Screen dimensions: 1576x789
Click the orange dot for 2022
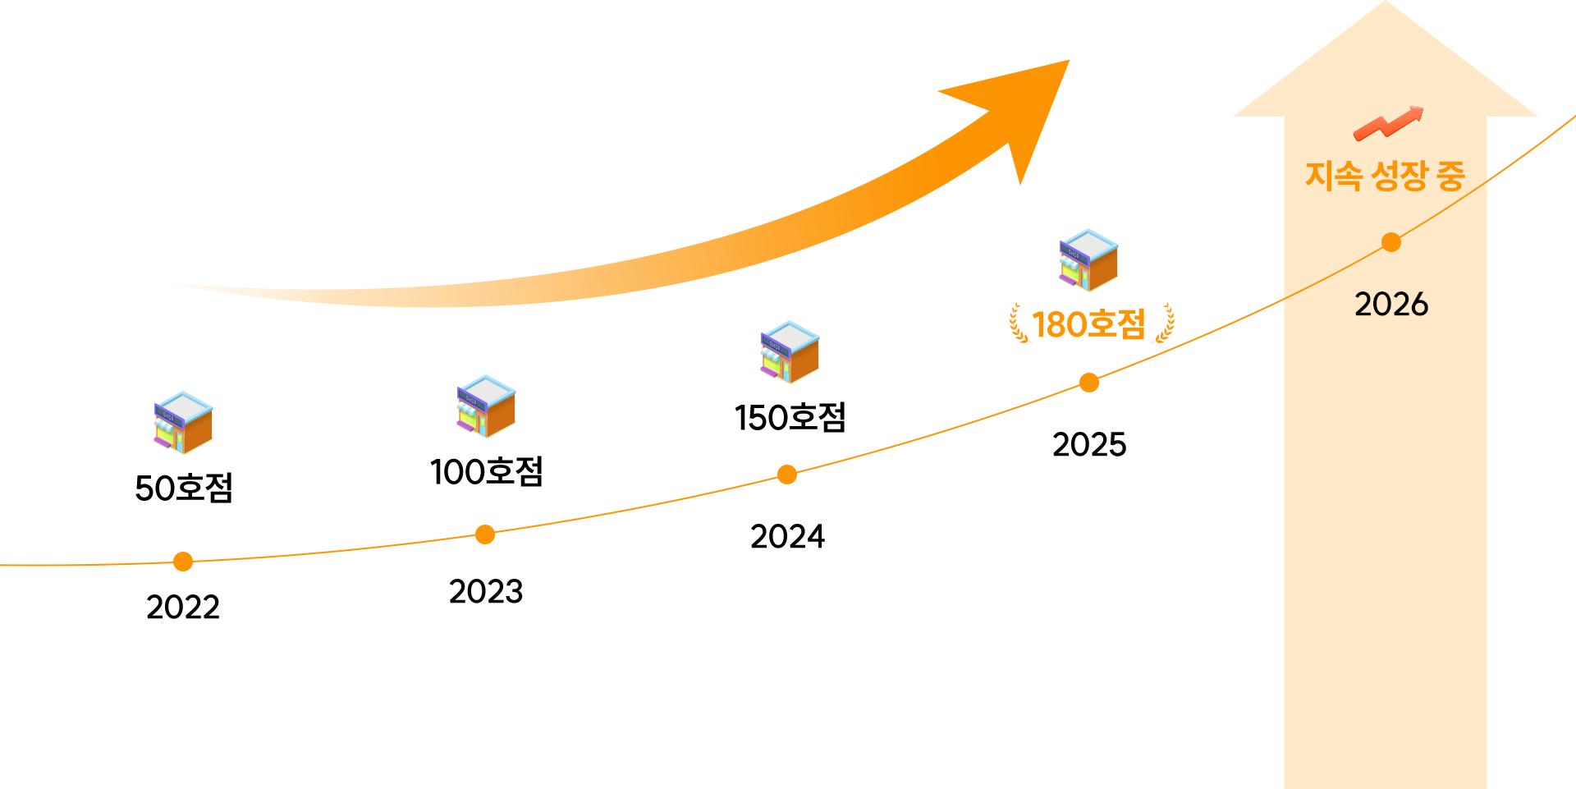(183, 562)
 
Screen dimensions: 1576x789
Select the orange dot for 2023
(485, 534)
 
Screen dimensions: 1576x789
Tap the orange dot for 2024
(787, 475)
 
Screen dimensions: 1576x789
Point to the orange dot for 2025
(1089, 383)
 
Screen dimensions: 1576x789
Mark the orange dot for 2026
(1391, 242)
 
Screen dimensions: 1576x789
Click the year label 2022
(183, 608)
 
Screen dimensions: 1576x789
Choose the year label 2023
(486, 592)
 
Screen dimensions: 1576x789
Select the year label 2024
(787, 537)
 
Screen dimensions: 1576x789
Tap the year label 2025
(1089, 445)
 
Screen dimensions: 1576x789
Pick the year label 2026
(1391, 305)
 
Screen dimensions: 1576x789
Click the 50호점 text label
(184, 488)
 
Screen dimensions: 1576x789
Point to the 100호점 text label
(486, 471)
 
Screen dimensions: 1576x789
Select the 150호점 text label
(790, 417)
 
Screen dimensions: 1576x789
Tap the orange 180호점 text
(1088, 324)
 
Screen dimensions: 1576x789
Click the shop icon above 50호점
(183, 422)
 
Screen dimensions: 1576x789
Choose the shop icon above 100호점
(486, 406)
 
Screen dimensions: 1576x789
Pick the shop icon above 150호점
(790, 351)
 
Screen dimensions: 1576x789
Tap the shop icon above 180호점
(1088, 259)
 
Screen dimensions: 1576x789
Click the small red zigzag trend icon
(1389, 123)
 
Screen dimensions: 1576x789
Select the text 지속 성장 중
(1385, 175)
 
